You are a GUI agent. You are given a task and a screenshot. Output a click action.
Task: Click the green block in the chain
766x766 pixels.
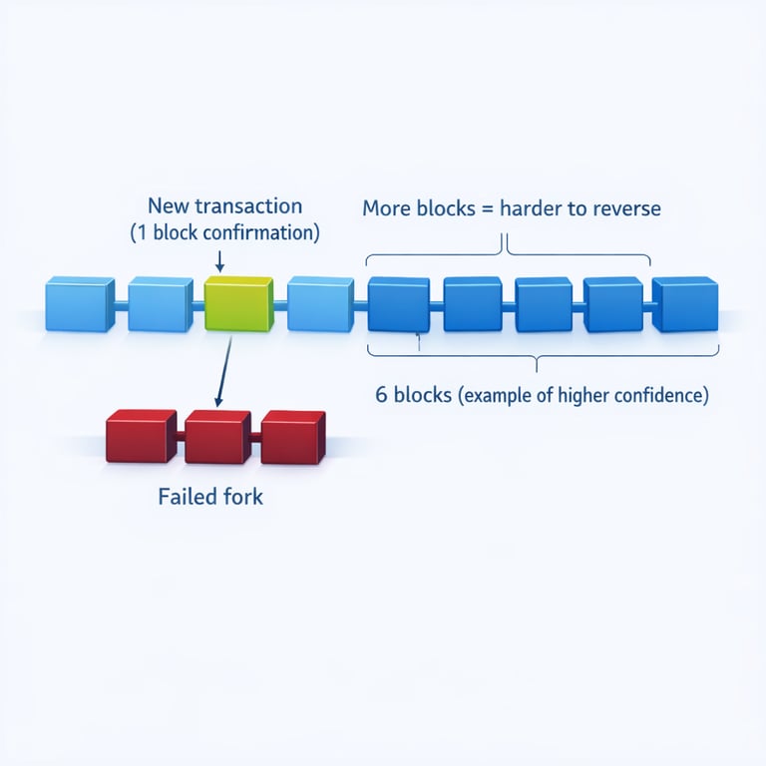point(238,303)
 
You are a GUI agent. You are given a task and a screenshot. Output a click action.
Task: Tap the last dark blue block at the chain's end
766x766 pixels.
point(685,303)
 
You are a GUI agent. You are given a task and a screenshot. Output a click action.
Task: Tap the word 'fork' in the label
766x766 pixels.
point(243,496)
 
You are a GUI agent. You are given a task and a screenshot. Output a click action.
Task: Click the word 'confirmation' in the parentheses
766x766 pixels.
point(262,233)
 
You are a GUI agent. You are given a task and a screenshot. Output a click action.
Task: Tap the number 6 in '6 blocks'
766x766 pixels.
point(381,394)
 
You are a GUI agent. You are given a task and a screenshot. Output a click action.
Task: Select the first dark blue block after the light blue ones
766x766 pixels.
point(398,303)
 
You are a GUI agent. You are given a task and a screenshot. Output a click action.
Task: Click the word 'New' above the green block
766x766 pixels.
point(168,206)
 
